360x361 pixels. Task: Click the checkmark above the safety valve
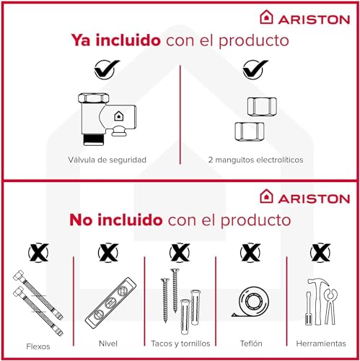click(107, 69)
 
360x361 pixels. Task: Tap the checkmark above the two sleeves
click(255, 69)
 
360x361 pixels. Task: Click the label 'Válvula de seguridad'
click(107, 160)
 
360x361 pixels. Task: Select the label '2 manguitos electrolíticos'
click(255, 160)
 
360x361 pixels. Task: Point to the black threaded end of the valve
click(94, 140)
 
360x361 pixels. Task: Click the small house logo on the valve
click(118, 116)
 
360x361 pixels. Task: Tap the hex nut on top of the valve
click(94, 97)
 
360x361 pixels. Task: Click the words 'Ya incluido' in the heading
click(115, 40)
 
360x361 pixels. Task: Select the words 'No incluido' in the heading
click(116, 219)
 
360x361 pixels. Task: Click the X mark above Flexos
click(38, 253)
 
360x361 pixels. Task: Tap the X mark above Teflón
click(250, 253)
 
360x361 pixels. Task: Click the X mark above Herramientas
click(320, 253)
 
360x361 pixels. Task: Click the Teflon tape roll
click(250, 302)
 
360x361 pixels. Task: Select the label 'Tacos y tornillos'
click(180, 344)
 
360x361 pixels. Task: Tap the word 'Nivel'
click(108, 344)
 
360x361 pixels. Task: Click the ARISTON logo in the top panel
click(304, 17)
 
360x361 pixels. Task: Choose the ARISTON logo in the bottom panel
click(304, 196)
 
